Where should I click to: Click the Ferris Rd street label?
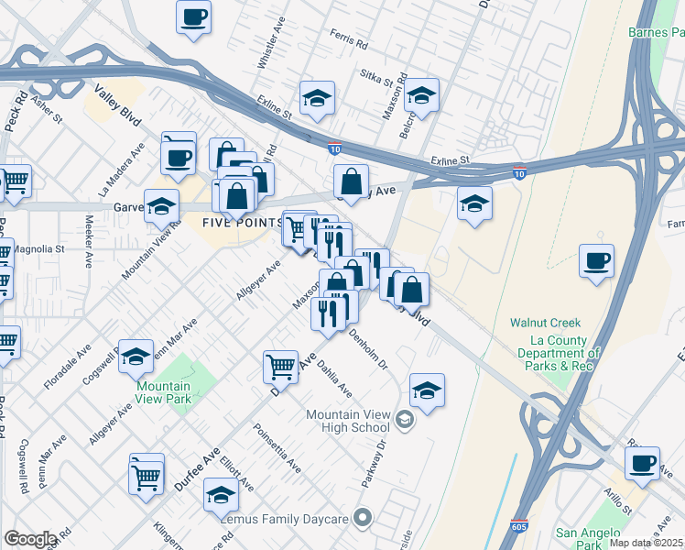tap(349, 43)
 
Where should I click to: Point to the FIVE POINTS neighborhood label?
tap(243, 223)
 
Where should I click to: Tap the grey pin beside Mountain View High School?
tap(405, 421)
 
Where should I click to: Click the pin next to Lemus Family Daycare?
tap(364, 519)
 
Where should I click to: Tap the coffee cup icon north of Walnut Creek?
tap(596, 262)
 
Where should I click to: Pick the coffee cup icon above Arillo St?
tap(643, 463)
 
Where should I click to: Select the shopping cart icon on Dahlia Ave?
tap(280, 367)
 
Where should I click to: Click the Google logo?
tap(30, 539)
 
